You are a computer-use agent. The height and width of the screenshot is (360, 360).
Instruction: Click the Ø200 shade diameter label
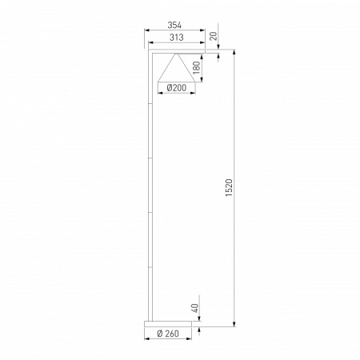[x=176, y=88]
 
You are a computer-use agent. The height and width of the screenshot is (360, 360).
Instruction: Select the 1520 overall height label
[x=230, y=189]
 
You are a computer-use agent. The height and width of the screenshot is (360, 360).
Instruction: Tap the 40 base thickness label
[x=195, y=308]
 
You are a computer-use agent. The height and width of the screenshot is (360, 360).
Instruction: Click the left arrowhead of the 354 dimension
[x=146, y=31]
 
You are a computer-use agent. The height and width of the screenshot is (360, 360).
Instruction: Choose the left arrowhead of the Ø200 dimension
[x=160, y=94]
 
